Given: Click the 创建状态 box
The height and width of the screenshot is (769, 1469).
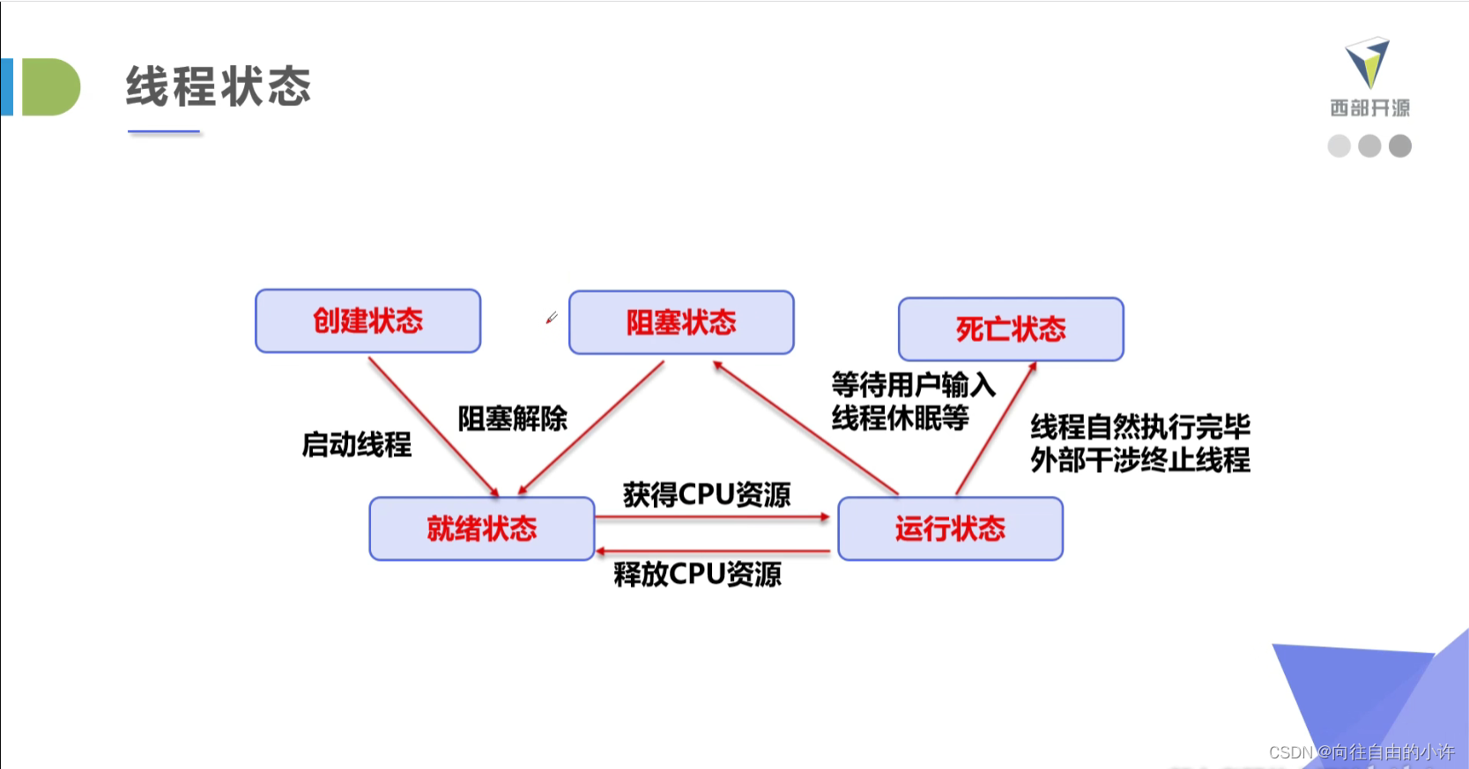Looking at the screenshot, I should [x=367, y=321].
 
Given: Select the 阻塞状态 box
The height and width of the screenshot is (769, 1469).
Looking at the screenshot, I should [x=681, y=322].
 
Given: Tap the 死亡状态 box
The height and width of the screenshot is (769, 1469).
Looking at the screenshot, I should [x=1011, y=329].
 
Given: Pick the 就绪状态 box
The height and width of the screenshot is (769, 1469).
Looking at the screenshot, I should [x=481, y=529].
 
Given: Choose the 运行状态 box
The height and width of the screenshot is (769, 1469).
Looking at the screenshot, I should [x=950, y=529].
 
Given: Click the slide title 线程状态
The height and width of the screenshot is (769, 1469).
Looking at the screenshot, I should [x=219, y=86].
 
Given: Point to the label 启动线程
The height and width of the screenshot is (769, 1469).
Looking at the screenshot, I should [x=356, y=444].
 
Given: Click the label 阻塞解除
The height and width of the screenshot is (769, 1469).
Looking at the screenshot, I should [x=512, y=418].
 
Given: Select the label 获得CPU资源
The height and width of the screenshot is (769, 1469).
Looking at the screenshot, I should [x=707, y=494].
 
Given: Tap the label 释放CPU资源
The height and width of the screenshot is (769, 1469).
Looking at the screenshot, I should [x=697, y=574].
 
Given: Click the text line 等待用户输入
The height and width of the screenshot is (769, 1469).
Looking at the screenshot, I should [x=913, y=385].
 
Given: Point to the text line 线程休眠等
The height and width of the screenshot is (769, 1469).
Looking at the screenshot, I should [x=900, y=418].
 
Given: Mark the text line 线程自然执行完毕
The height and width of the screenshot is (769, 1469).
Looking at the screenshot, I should [x=1140, y=426].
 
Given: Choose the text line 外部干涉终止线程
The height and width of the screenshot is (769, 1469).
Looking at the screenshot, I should [x=1140, y=460].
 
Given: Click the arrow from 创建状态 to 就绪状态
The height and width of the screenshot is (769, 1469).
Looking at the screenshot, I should [x=433, y=425].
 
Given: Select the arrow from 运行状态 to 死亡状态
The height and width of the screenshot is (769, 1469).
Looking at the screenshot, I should [x=996, y=428].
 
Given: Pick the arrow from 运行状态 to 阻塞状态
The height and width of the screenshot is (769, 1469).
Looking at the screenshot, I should [x=805, y=427].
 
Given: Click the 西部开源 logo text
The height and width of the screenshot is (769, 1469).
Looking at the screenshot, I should [x=1369, y=107].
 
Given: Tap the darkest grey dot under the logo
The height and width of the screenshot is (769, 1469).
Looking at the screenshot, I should [x=1399, y=146].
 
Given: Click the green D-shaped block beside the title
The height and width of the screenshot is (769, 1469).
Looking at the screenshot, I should [x=50, y=87].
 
